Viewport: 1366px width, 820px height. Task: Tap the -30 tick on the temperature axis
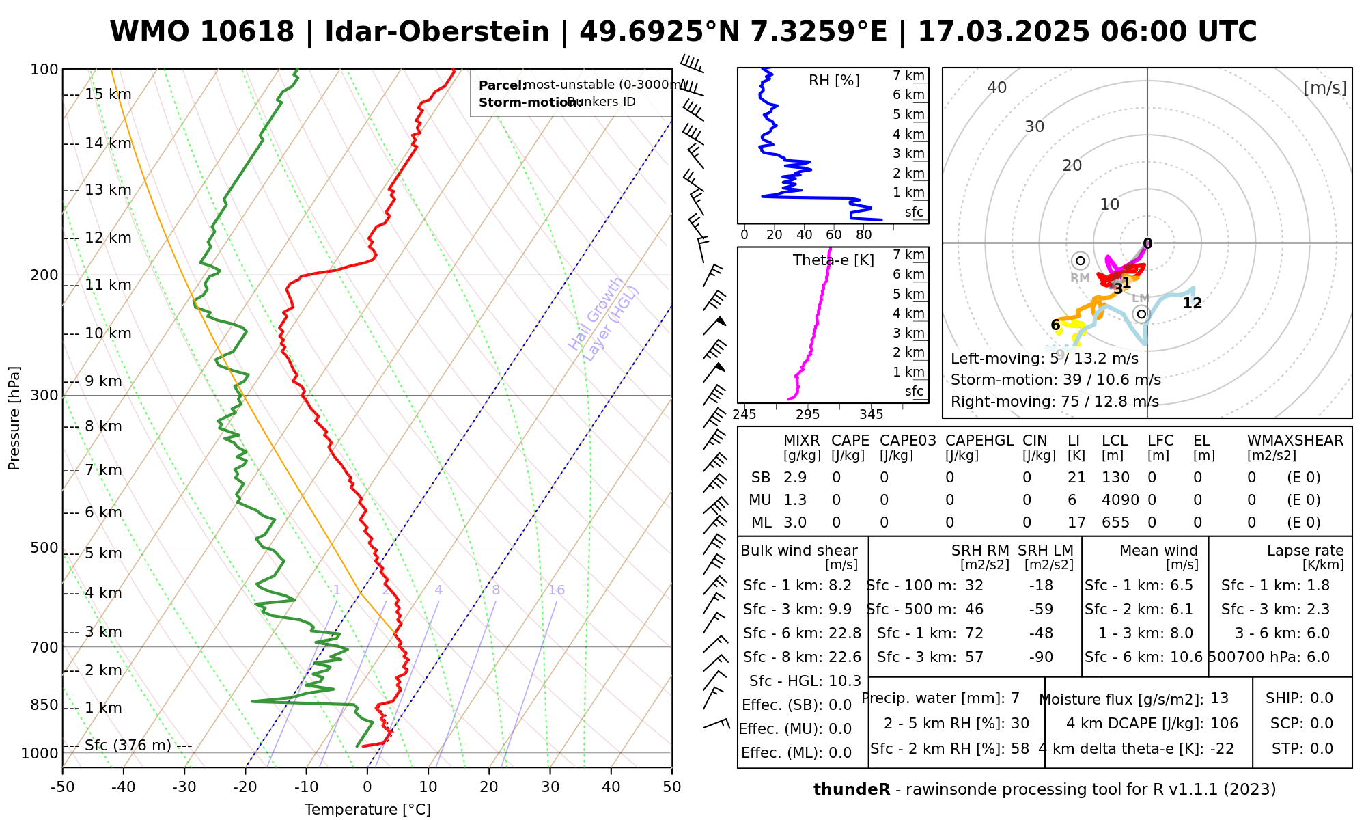tap(184, 787)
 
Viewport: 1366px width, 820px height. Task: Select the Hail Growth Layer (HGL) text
tap(604, 318)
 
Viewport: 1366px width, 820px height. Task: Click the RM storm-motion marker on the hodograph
tap(1080, 260)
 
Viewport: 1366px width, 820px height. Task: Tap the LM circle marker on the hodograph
tap(1141, 314)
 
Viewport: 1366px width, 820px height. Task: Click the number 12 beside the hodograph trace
tap(1192, 303)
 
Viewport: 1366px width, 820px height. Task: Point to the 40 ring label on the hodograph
tap(997, 87)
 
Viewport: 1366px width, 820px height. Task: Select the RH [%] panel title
tap(834, 81)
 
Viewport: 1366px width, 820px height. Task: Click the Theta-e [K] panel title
tap(833, 260)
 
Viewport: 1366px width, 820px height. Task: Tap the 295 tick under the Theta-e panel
tap(808, 414)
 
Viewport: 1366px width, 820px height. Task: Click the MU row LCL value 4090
tap(1120, 500)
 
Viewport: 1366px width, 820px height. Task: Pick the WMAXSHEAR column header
tap(1295, 441)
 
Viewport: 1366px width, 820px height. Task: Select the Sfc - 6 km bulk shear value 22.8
tap(845, 633)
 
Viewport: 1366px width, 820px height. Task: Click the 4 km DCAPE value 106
tap(1225, 724)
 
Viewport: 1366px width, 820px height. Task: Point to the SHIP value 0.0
tap(1322, 698)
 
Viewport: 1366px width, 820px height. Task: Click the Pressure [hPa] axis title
tap(14, 418)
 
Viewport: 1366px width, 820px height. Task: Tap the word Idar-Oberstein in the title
tap(437, 32)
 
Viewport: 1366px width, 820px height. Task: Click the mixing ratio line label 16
tap(556, 590)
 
